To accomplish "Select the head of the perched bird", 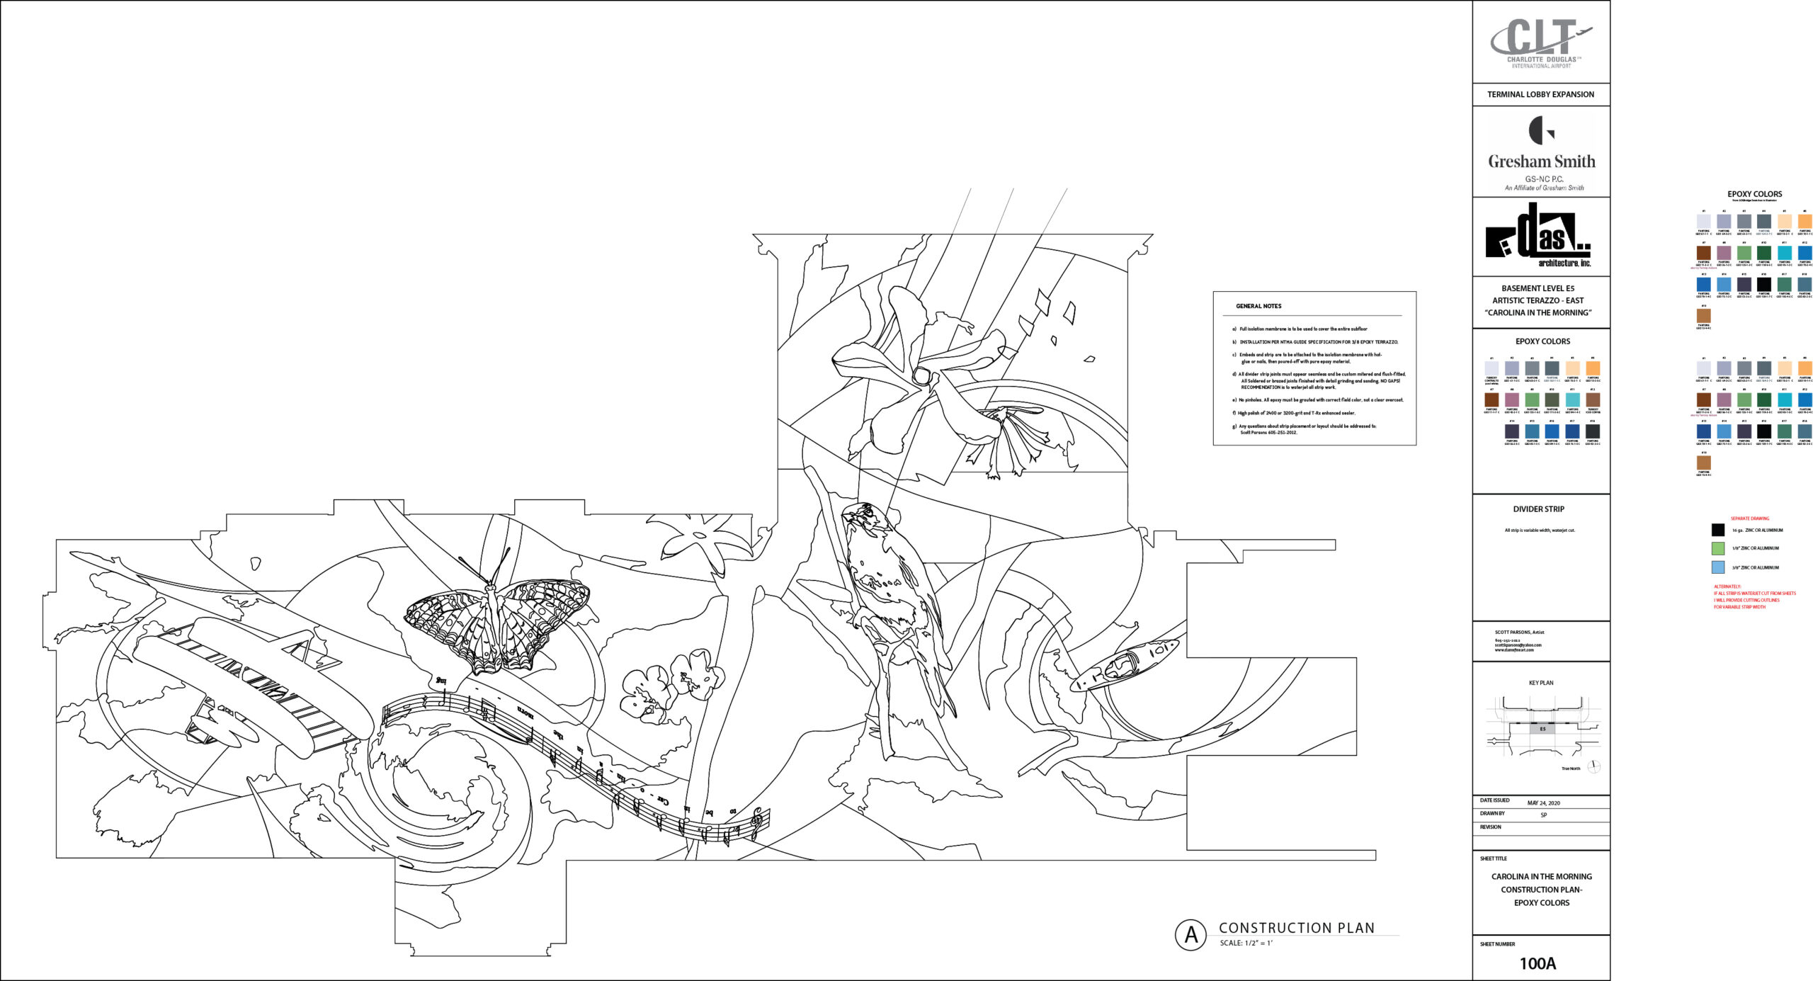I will [x=865, y=516].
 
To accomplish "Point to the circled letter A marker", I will [x=1191, y=935].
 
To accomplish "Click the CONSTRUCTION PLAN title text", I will [x=1297, y=928].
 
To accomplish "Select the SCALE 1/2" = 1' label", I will [x=1246, y=943].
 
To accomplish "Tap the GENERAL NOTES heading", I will [x=1258, y=306].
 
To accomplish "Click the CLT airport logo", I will [x=1541, y=42].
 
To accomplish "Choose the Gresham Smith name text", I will [x=1541, y=161].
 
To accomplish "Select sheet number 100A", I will [x=1538, y=963].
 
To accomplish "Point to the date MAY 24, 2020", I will [x=1543, y=803].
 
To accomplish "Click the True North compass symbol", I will [x=1593, y=766].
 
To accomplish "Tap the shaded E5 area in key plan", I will [x=1542, y=729].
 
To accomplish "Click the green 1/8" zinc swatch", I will [x=1717, y=548].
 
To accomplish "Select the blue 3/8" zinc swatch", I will [x=1717, y=567].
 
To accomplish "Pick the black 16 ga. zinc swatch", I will [x=1717, y=530].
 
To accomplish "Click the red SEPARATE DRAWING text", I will [x=1749, y=518].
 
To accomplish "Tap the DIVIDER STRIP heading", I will [x=1538, y=509].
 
